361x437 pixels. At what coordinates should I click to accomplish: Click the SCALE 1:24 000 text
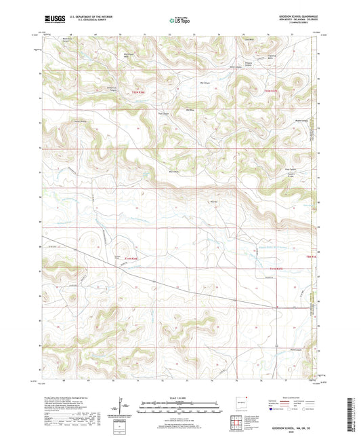pos(180,397)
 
